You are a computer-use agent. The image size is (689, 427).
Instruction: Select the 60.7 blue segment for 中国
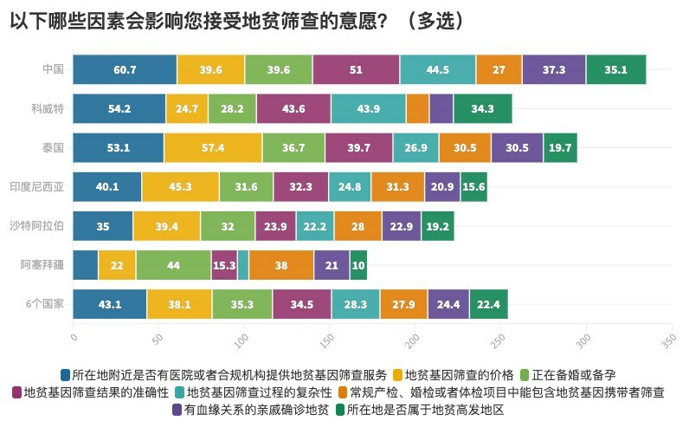(x=125, y=69)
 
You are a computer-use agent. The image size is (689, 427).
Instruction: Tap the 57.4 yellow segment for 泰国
(x=213, y=147)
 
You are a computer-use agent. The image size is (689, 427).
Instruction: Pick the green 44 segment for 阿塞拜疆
(x=173, y=265)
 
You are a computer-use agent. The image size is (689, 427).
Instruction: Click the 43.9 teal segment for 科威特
(x=369, y=108)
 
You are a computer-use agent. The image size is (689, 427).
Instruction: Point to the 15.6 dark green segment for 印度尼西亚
(x=473, y=187)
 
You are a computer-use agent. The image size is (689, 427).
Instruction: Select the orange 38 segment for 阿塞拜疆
(x=281, y=265)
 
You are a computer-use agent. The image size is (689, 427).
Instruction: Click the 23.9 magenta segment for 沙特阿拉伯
(x=275, y=226)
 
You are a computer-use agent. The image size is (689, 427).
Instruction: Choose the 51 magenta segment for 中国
(x=356, y=69)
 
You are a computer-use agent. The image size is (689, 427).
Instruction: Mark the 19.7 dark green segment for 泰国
(x=560, y=147)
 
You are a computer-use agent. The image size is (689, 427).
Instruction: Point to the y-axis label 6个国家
(x=43, y=304)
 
